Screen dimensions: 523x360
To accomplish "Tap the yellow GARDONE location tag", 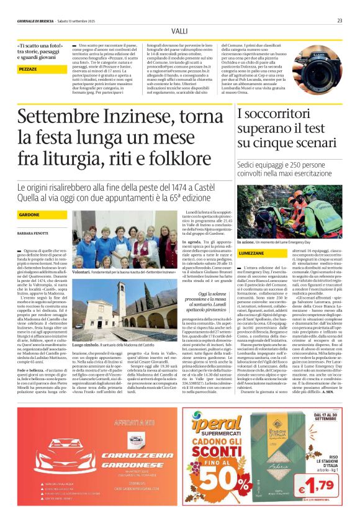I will (x=29, y=214).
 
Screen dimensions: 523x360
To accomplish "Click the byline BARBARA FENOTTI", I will (x=32, y=233).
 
